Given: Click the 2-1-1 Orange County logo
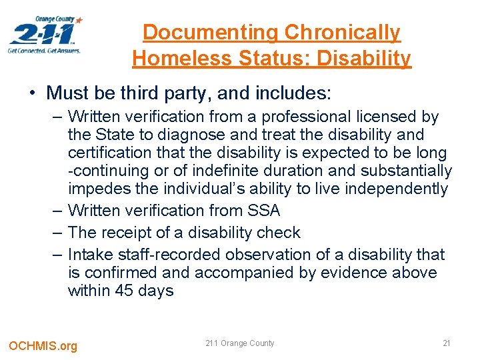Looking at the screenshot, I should click(x=45, y=35).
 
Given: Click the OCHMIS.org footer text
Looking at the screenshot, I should click(x=43, y=345).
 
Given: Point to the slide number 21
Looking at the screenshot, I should click(x=447, y=343).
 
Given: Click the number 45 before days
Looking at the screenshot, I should click(x=127, y=291).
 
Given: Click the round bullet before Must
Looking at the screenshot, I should click(x=32, y=91).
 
